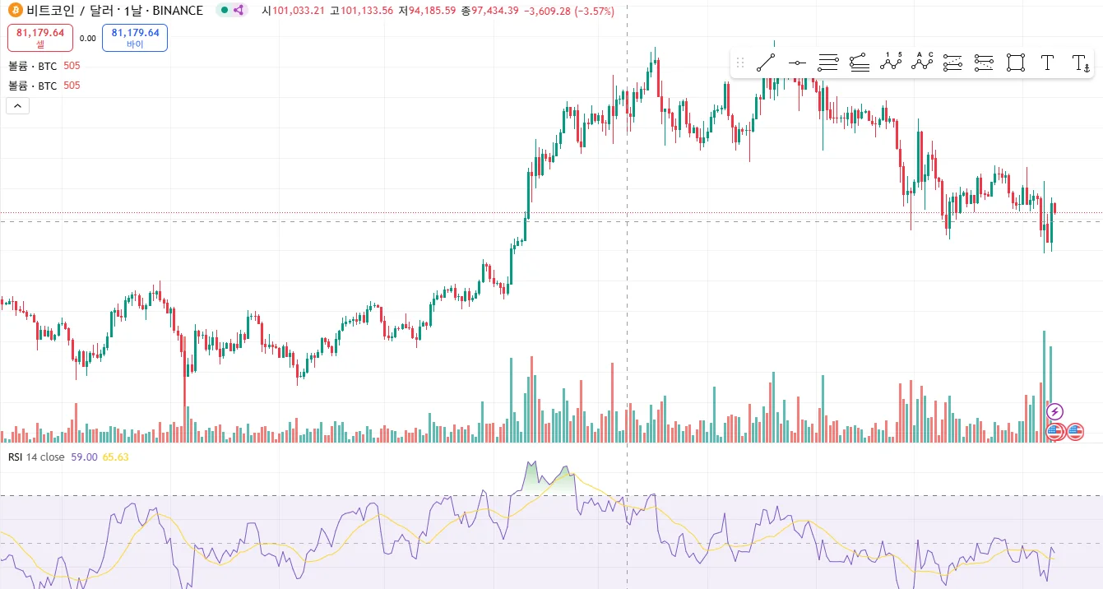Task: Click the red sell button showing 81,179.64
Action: [x=40, y=38]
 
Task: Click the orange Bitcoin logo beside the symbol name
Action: [x=13, y=11]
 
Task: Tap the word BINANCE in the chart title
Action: [x=178, y=11]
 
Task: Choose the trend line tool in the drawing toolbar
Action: [x=766, y=63]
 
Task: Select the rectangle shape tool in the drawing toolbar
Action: [x=1016, y=63]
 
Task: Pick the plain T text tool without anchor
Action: [x=1047, y=63]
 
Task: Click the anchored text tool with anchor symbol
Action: [x=1080, y=63]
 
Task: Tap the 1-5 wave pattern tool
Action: [x=891, y=63]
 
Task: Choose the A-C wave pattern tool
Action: [x=922, y=63]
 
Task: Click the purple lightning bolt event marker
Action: [x=1055, y=411]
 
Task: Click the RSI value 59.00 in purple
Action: [x=85, y=457]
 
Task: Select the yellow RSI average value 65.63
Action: [x=116, y=457]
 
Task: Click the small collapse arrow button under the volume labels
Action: [x=17, y=105]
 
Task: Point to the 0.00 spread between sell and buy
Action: [x=88, y=38]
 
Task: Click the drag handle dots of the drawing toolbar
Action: [x=740, y=63]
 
